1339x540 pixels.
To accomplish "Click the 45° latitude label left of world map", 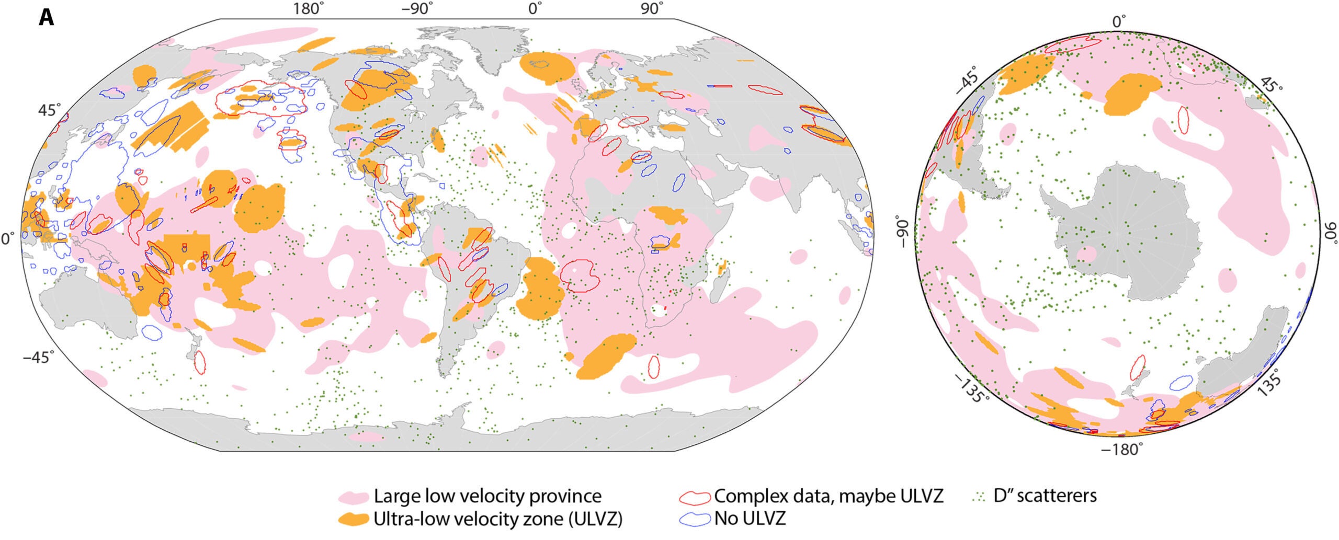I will click(49, 111).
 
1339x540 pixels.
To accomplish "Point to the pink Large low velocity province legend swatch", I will click(353, 496).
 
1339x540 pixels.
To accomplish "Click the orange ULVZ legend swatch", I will click(353, 519).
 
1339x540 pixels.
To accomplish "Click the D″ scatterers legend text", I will click(1045, 496).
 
